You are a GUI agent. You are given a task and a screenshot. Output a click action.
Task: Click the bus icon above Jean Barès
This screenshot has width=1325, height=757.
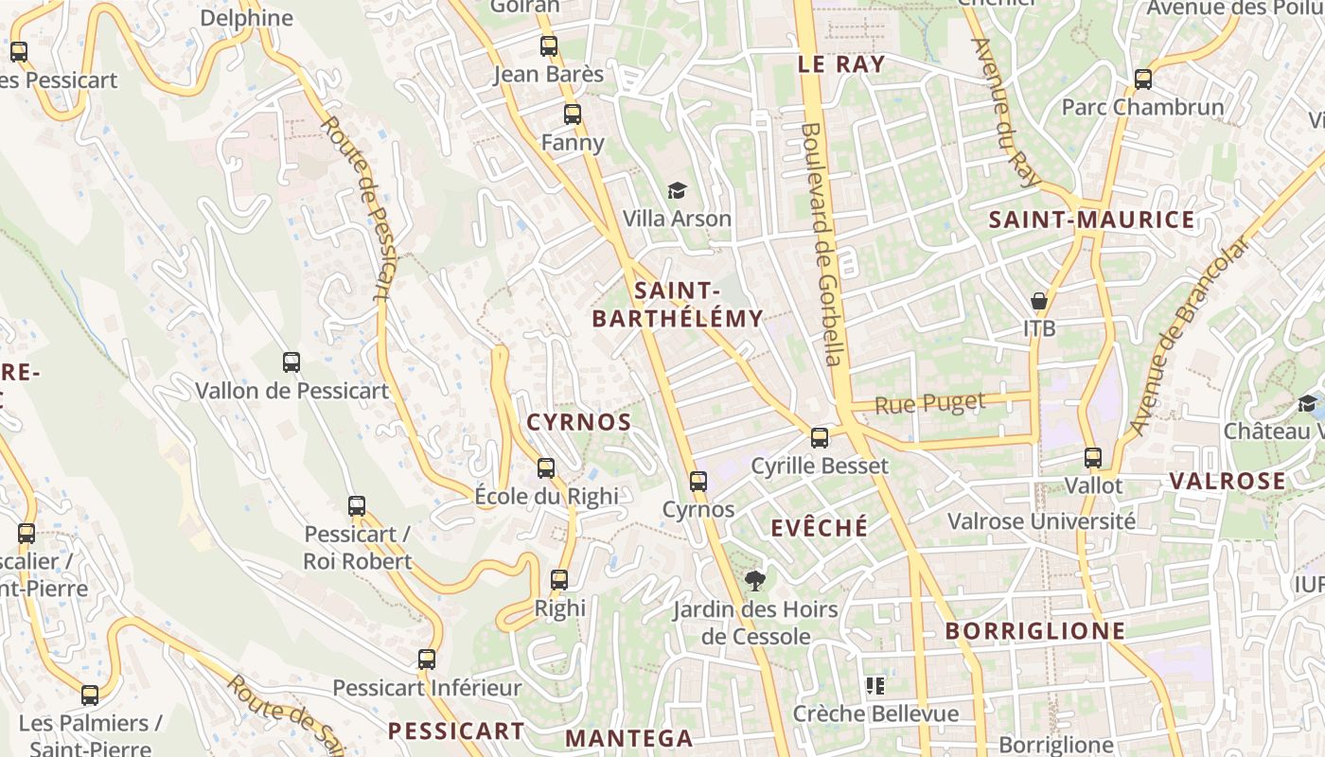[x=549, y=45]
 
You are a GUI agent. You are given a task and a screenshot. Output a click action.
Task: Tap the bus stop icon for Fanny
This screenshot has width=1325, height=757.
[x=573, y=114]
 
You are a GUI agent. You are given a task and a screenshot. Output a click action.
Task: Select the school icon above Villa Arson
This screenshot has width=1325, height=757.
[x=677, y=191]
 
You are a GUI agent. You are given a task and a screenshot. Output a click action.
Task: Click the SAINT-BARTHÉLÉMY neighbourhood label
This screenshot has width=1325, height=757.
[x=678, y=305]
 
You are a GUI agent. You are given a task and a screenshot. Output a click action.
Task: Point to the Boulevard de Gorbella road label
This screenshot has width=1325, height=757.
[x=821, y=243]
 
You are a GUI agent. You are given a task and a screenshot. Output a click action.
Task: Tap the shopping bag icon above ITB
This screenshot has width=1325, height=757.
[x=1039, y=302]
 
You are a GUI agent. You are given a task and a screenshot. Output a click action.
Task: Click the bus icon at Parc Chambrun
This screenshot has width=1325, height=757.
[x=1143, y=79]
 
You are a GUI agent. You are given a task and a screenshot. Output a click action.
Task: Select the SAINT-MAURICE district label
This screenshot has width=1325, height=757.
[x=1091, y=220]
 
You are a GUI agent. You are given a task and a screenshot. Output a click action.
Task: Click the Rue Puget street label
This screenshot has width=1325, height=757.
[x=929, y=404]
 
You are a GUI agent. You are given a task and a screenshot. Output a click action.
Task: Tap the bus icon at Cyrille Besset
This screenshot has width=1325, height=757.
[x=820, y=438]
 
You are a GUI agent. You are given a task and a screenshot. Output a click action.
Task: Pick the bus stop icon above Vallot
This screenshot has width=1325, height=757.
[x=1093, y=458]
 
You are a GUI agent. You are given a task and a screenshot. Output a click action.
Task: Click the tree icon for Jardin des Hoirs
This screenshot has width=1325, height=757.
[x=754, y=580]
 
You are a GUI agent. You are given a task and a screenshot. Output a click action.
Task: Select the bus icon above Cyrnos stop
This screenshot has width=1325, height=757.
[x=698, y=482]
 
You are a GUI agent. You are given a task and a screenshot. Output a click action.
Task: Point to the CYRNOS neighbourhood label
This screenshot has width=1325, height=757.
[x=578, y=422]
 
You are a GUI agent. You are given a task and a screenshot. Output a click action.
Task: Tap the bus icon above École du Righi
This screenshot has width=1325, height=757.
[x=546, y=467]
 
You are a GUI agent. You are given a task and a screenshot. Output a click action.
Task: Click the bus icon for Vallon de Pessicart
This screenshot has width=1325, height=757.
[x=291, y=361]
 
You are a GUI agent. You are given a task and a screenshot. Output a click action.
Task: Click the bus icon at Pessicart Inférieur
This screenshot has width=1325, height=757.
[x=427, y=660]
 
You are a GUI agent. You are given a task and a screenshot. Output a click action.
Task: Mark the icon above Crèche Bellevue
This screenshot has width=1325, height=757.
[x=875, y=685]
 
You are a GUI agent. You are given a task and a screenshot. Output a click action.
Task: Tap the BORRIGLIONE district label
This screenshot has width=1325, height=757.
[x=1035, y=631]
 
